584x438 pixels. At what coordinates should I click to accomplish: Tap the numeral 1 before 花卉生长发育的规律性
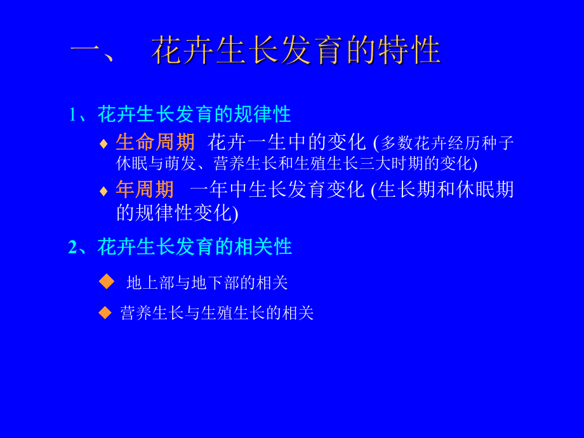click(x=73, y=115)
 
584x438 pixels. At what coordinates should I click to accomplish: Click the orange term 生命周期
click(x=156, y=142)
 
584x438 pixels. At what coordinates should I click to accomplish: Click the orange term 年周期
click(x=145, y=189)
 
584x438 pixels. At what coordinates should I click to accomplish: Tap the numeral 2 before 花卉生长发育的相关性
click(x=72, y=247)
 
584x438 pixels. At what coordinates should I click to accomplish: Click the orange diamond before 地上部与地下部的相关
click(x=107, y=281)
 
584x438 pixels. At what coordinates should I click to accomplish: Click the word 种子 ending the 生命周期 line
click(x=498, y=143)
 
